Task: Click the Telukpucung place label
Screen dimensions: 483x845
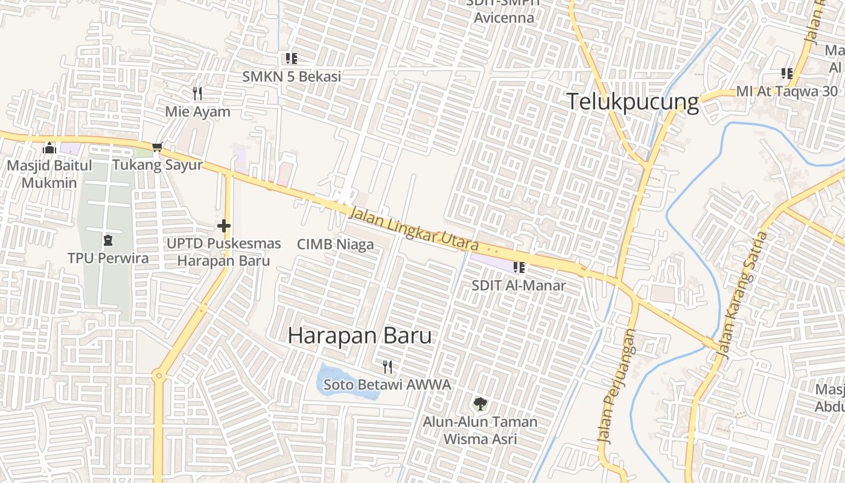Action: pyautogui.click(x=633, y=102)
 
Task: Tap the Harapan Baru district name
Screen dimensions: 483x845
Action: pyautogui.click(x=360, y=335)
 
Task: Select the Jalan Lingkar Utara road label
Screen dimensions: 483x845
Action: pyautogui.click(x=414, y=229)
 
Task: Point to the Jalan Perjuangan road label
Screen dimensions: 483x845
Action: pyautogui.click(x=617, y=386)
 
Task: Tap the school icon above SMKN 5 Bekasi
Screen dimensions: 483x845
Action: pyautogui.click(x=292, y=59)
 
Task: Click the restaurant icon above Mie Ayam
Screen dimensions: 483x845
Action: pyautogui.click(x=197, y=94)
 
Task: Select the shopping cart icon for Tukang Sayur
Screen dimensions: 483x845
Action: pyautogui.click(x=158, y=147)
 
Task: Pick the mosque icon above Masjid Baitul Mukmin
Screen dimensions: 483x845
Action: pyautogui.click(x=49, y=148)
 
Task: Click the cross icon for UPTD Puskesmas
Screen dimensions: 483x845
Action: pyautogui.click(x=224, y=226)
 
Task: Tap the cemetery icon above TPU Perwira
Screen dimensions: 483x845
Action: pyautogui.click(x=108, y=240)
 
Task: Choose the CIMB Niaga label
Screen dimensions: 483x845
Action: pyautogui.click(x=336, y=245)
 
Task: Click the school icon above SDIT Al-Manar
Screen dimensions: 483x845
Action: pyautogui.click(x=518, y=267)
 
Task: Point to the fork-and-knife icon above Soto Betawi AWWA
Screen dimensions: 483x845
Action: pyautogui.click(x=387, y=366)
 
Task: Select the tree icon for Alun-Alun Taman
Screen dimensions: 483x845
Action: pyautogui.click(x=480, y=404)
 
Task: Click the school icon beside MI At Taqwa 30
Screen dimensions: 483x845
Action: pyautogui.click(x=787, y=74)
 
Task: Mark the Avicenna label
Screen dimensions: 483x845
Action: pyautogui.click(x=504, y=18)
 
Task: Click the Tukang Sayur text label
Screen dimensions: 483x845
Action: pyautogui.click(x=158, y=165)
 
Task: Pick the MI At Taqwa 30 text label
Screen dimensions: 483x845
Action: pyautogui.click(x=787, y=91)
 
